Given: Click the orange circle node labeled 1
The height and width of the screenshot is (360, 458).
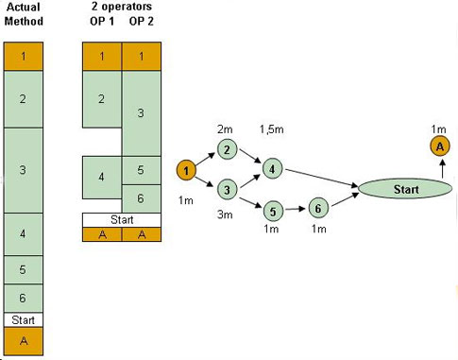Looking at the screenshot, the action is [x=186, y=170].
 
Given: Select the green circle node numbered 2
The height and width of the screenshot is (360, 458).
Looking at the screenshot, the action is [x=227, y=149].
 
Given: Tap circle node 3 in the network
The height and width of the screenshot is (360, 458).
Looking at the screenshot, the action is [x=227, y=190].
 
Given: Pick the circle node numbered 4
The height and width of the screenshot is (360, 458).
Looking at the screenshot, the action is [x=272, y=169].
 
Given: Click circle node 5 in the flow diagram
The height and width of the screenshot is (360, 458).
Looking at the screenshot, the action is [x=273, y=211].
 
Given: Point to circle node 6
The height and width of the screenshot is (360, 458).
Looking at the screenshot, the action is [x=318, y=208].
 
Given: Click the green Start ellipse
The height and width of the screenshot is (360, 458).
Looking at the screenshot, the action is [x=405, y=189].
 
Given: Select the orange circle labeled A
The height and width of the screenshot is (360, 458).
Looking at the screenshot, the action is [x=440, y=146].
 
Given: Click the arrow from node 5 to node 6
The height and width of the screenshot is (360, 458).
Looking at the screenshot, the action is [x=295, y=209].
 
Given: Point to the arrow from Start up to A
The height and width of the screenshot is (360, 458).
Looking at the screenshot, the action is [x=442, y=169].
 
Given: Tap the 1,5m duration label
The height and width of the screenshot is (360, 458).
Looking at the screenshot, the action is [x=271, y=129].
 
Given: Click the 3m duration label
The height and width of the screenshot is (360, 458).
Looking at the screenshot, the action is [x=225, y=214].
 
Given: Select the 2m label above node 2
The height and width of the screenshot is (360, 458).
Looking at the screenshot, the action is [x=225, y=129].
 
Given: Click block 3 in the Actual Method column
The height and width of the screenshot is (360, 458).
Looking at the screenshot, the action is [x=24, y=170].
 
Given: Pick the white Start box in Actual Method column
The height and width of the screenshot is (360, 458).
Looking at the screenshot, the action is [x=24, y=320].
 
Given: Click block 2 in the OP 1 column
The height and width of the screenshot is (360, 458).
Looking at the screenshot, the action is [x=102, y=99].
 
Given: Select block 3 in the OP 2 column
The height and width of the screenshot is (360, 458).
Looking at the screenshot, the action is [x=142, y=113].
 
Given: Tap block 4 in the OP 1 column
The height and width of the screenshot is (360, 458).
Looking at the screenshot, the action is [x=102, y=178].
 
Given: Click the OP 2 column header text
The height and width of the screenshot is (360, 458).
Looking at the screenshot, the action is [x=142, y=22].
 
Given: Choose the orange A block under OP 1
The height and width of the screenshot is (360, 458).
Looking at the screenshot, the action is [x=102, y=234].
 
